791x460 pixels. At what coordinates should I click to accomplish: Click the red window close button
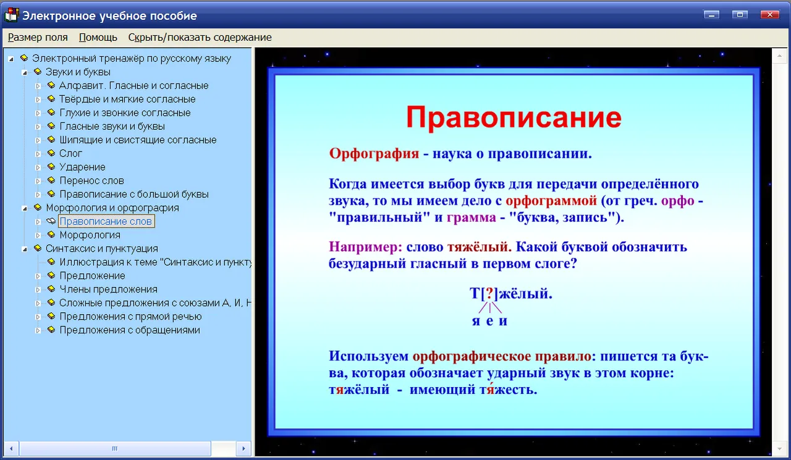770,14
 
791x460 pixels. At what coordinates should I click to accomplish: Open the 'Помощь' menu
98,38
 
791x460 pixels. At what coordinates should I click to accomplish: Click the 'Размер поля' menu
38,38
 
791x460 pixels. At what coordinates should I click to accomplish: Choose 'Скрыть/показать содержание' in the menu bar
200,38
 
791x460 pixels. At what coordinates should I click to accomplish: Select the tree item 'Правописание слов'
106,221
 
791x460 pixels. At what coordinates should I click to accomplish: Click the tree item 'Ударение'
83,167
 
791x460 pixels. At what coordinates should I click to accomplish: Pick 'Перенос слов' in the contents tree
92,181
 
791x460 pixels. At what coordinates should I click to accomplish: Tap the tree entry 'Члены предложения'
108,289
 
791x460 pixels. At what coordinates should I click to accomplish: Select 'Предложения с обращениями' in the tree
130,330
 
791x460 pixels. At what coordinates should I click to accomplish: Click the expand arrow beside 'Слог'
38,154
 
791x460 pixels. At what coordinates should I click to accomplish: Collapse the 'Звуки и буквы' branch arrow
24,73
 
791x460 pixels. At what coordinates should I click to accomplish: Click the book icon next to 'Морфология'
51,234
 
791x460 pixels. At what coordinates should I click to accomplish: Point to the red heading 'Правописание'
514,117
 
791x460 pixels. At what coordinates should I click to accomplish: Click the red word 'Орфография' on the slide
374,153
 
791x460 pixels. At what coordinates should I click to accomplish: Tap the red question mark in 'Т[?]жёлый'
489,294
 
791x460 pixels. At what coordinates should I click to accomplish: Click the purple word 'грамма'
472,217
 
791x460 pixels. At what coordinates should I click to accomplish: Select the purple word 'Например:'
365,247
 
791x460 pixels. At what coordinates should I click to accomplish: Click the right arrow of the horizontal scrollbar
243,449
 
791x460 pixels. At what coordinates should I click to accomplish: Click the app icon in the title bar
11,15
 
